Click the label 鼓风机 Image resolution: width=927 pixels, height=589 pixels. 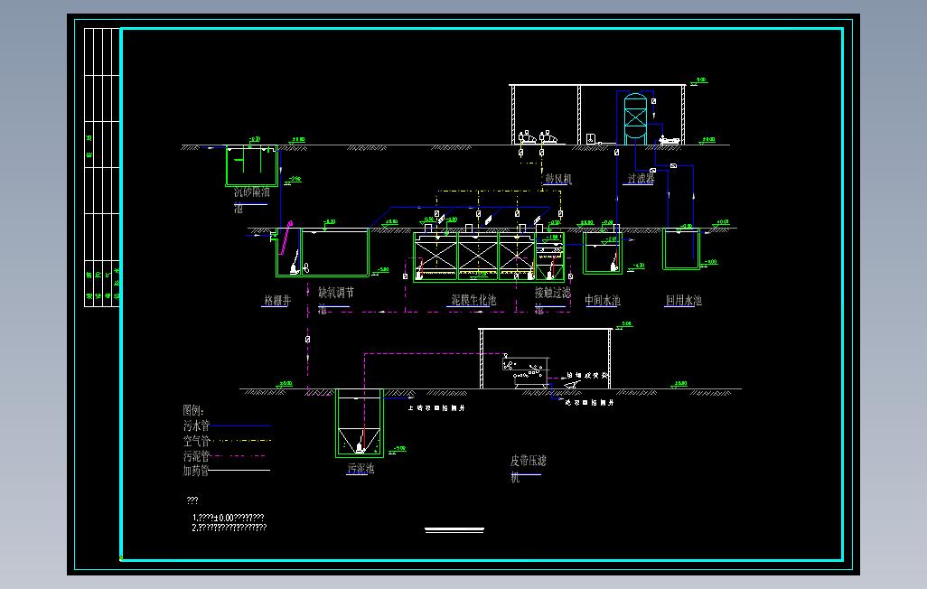click(x=558, y=180)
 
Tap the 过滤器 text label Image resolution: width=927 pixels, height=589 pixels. click(x=641, y=179)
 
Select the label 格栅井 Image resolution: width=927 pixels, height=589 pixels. click(x=276, y=300)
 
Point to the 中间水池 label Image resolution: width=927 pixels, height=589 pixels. click(x=603, y=300)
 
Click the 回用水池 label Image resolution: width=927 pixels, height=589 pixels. click(x=683, y=300)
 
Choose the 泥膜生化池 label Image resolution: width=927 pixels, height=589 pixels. click(x=473, y=300)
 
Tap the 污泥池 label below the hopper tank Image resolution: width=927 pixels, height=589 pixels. click(x=360, y=469)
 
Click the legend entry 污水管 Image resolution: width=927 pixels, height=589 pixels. click(x=196, y=425)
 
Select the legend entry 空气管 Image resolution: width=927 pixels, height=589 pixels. click(x=196, y=441)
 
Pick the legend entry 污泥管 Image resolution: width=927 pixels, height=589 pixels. click(x=196, y=456)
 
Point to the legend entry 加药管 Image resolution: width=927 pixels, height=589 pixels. click(x=196, y=471)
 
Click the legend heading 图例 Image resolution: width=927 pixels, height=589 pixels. click(x=194, y=410)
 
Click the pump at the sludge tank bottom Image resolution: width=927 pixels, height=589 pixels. click(x=360, y=444)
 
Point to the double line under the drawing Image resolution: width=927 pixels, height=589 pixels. click(x=454, y=530)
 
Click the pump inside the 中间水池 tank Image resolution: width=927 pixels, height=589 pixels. click(x=614, y=261)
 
